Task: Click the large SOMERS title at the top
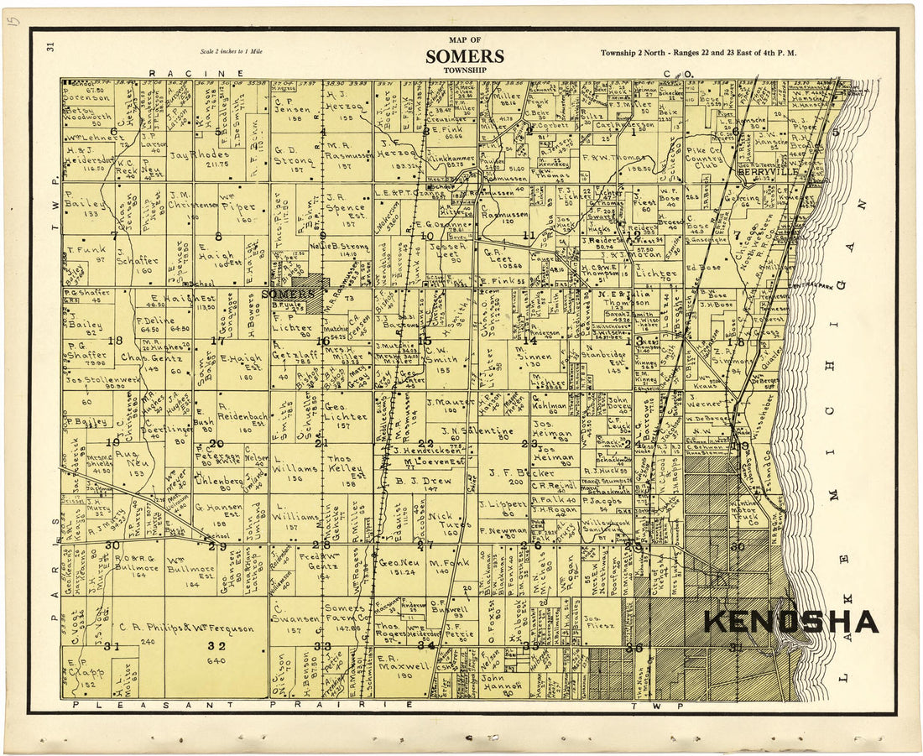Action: (x=464, y=56)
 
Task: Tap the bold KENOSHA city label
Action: (x=790, y=622)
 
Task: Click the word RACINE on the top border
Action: (x=196, y=73)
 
